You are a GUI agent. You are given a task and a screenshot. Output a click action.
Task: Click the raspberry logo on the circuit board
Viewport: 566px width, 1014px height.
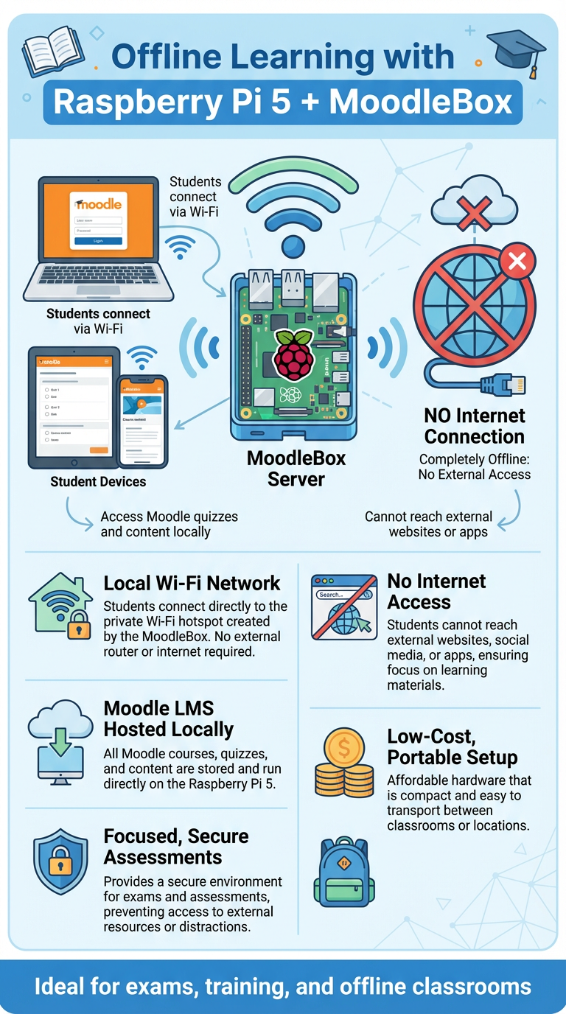click(x=293, y=354)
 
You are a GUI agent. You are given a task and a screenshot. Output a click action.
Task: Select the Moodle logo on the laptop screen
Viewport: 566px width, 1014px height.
click(x=99, y=203)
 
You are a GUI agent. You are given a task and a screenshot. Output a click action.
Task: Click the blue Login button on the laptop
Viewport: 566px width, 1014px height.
click(x=98, y=240)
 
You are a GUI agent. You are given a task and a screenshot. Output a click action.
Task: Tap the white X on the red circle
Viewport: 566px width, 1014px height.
click(x=517, y=260)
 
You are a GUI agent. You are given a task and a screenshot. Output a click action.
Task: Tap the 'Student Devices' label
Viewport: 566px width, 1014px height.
click(x=98, y=482)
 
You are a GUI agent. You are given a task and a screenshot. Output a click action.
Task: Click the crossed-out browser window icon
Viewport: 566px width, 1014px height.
click(x=344, y=606)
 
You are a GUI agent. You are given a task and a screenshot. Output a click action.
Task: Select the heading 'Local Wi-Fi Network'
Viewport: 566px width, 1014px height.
click(x=192, y=584)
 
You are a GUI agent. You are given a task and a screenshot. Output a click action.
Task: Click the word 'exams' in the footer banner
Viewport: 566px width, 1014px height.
click(x=201, y=987)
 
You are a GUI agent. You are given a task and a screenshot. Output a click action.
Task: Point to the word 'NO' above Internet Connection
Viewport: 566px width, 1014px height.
click(x=439, y=416)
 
